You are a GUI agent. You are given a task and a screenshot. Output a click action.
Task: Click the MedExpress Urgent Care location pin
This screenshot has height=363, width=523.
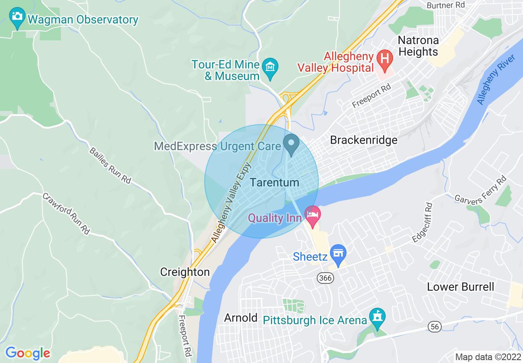(x=292, y=144)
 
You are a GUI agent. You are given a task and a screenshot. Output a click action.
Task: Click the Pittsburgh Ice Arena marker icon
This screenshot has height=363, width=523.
(x=377, y=318)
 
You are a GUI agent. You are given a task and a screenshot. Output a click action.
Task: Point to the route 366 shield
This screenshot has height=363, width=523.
(x=325, y=278)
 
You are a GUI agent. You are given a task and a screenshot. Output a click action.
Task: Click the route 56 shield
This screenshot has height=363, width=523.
(x=435, y=327)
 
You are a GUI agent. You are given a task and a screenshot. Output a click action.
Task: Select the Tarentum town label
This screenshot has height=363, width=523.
(x=274, y=182)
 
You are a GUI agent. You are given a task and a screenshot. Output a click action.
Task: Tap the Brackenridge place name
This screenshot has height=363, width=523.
(x=364, y=140)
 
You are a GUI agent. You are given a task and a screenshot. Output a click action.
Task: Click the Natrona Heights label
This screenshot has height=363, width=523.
(x=418, y=46)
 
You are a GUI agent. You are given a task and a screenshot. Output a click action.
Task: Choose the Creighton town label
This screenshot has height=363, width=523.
(x=185, y=272)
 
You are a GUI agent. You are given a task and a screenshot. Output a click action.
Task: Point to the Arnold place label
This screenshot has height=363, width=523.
(x=241, y=318)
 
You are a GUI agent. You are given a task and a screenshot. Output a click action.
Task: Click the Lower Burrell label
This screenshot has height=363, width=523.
(x=460, y=287)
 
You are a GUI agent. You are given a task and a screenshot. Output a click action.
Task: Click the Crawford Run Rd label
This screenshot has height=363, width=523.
(x=66, y=213)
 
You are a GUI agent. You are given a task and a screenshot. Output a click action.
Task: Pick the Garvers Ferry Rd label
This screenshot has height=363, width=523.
(x=480, y=191)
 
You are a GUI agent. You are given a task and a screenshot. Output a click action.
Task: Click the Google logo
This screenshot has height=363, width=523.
(x=28, y=353)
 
